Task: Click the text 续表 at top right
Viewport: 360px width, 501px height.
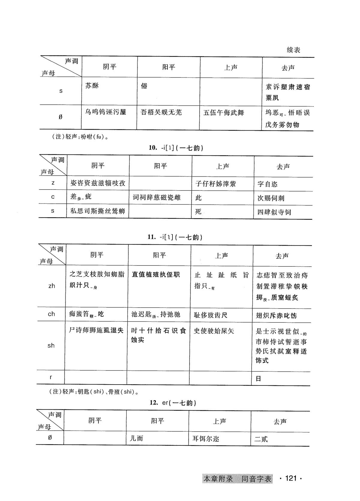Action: pyautogui.click(x=293, y=50)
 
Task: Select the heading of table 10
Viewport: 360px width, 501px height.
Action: pyautogui.click(x=176, y=148)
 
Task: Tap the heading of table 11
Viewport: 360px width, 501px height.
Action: pyautogui.click(x=175, y=237)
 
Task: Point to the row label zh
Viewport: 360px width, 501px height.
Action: pyautogui.click(x=52, y=286)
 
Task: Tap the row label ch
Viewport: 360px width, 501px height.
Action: pyautogui.click(x=51, y=314)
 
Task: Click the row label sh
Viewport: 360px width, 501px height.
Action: pyautogui.click(x=51, y=346)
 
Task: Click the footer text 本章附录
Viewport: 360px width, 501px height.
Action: pyautogui.click(x=218, y=479)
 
